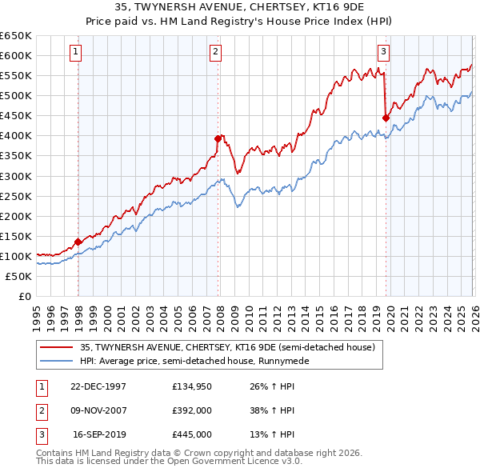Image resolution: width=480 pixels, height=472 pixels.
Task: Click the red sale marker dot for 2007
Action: click(x=218, y=138)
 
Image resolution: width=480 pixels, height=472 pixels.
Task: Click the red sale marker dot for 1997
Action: click(x=78, y=242)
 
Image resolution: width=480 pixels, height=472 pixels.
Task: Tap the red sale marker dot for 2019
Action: click(x=386, y=118)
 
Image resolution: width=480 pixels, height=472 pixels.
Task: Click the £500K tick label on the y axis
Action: click(x=16, y=96)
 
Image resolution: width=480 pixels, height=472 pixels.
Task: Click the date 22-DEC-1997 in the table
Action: click(x=98, y=386)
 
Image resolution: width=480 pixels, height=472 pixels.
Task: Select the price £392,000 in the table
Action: click(x=192, y=410)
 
